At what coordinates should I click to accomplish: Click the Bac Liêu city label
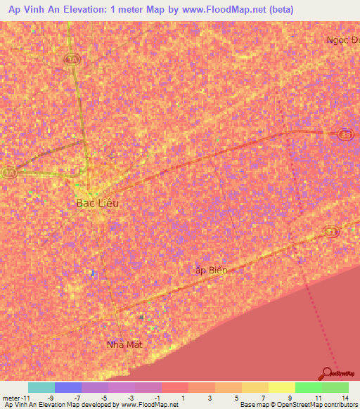[x=97, y=203]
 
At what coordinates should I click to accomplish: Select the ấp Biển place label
[x=211, y=269]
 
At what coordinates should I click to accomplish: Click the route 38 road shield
[x=345, y=135]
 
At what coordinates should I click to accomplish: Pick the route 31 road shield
[x=333, y=231]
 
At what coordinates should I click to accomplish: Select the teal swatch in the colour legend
[x=41, y=387]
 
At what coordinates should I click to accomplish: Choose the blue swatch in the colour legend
[x=68, y=387]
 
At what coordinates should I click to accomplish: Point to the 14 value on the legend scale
[x=344, y=398]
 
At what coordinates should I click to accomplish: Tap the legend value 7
[x=263, y=398]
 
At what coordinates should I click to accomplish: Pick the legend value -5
[x=103, y=398]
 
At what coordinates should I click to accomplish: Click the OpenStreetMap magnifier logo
[x=327, y=372]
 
